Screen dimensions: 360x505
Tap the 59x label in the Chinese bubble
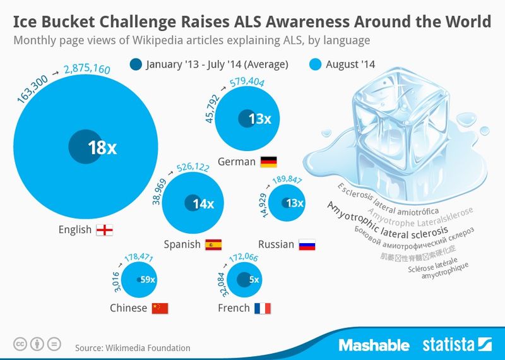point(148,280)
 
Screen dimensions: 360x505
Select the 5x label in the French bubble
point(254,279)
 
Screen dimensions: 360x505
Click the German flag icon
point(268,162)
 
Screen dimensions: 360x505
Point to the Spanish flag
point(213,244)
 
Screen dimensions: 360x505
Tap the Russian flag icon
point(307,244)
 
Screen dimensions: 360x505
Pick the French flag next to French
point(261,308)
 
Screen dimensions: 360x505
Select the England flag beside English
point(104,230)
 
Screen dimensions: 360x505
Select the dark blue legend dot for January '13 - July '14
point(135,64)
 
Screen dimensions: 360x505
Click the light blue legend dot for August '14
point(316,64)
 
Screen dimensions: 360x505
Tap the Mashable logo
point(374,345)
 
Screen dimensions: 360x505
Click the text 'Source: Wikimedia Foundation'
point(132,347)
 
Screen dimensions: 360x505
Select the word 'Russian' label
point(276,244)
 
